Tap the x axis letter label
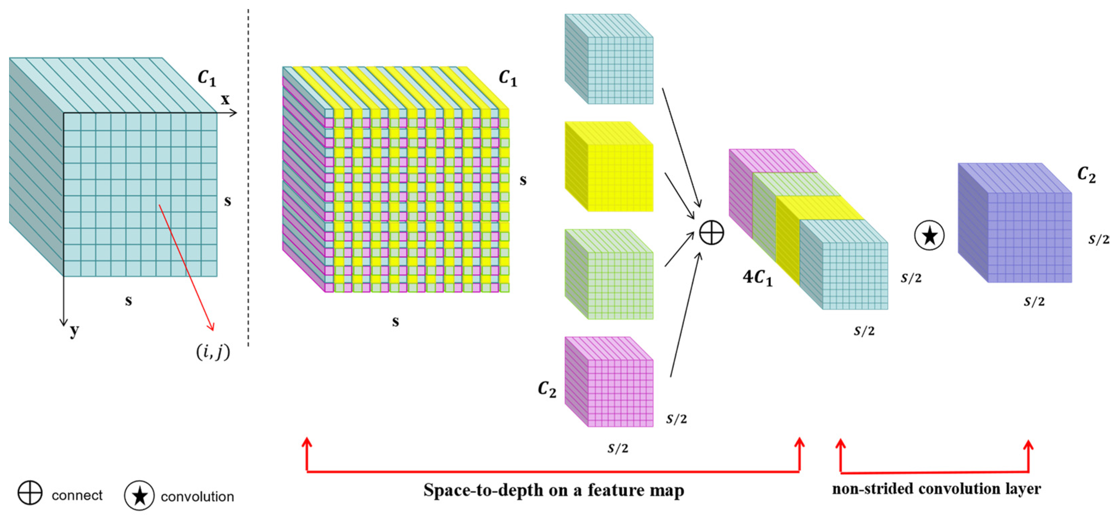(x=225, y=100)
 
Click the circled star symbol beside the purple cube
(x=929, y=235)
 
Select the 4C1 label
(x=757, y=277)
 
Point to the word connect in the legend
(x=77, y=495)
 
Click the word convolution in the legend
(x=197, y=496)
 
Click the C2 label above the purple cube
(x=1086, y=175)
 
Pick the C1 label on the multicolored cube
(x=508, y=78)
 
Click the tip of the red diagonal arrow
(x=213, y=330)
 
